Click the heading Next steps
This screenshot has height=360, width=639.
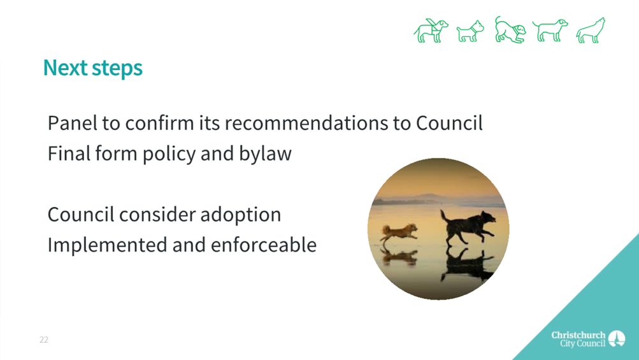coord(93,68)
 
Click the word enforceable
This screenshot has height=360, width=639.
coord(264,245)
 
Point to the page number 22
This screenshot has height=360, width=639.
coord(44,340)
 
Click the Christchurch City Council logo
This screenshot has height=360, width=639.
coord(588,339)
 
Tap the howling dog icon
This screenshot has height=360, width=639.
coord(591,30)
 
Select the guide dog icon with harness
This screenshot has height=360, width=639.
coord(431,31)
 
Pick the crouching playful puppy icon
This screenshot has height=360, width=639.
coord(510,30)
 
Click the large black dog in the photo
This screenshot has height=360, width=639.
coord(469,226)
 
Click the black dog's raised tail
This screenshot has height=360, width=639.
coord(444,215)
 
